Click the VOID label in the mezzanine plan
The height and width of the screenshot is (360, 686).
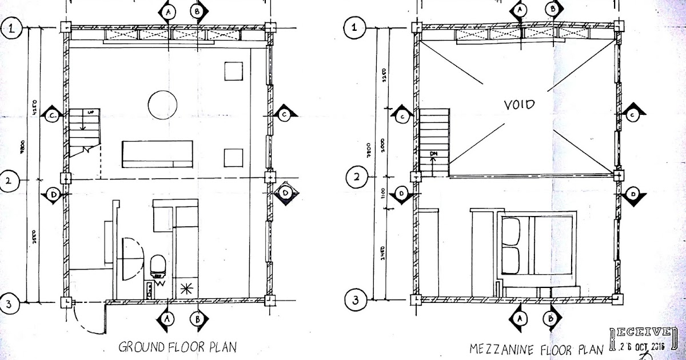click(519, 105)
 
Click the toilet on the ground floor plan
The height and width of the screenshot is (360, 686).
click(157, 266)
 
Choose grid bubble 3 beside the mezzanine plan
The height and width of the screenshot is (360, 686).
click(357, 299)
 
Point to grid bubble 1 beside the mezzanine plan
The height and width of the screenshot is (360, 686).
click(357, 27)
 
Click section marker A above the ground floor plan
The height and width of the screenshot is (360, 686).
click(168, 11)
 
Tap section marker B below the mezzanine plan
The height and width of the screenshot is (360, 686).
click(552, 317)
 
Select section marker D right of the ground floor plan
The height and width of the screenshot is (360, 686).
click(286, 194)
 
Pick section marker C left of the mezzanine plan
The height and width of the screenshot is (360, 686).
click(402, 117)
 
